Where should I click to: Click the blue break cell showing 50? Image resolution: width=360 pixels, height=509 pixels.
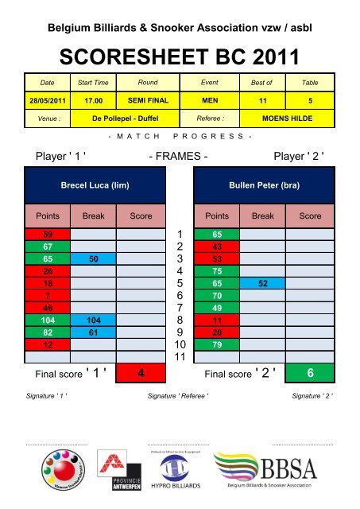(x=94, y=259)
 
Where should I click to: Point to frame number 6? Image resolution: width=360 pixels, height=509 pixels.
(x=180, y=295)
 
